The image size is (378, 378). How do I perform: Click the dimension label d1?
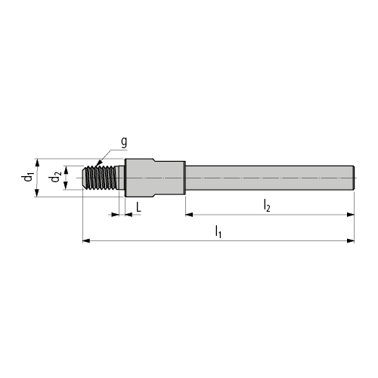point(27,177)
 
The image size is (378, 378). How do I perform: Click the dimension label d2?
point(55,177)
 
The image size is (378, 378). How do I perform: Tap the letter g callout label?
point(124,142)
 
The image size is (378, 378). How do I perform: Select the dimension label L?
point(138,207)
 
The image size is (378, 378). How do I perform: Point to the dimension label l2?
point(267,206)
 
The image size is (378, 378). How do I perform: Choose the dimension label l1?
point(218,231)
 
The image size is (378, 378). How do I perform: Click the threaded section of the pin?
point(101,178)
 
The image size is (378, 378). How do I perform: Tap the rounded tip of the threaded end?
point(85,178)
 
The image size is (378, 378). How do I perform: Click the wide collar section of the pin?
point(155,178)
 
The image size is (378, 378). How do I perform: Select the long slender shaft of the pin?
point(270,178)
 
